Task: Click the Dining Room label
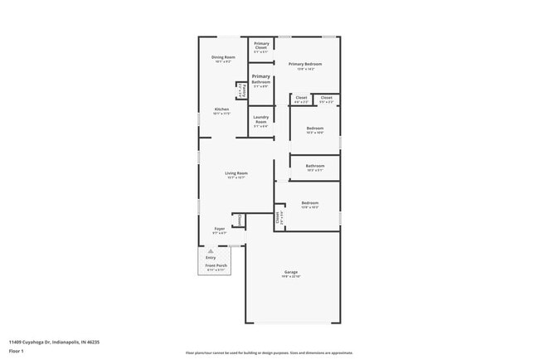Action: (223, 58)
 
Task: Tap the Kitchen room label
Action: (221, 110)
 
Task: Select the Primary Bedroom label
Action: (304, 65)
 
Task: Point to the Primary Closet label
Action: (260, 46)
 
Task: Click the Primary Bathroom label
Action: (260, 80)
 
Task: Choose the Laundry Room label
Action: (260, 119)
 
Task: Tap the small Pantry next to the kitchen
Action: (241, 90)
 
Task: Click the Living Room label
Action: (236, 174)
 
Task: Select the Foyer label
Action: (220, 230)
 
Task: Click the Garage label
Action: (291, 273)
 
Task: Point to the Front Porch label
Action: (216, 267)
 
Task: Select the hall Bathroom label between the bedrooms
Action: (314, 167)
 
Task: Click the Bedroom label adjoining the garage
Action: (309, 204)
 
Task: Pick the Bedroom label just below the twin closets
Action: (314, 129)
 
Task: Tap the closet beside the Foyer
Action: (240, 220)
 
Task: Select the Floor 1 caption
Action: (17, 351)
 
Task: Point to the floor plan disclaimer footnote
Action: (269, 353)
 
